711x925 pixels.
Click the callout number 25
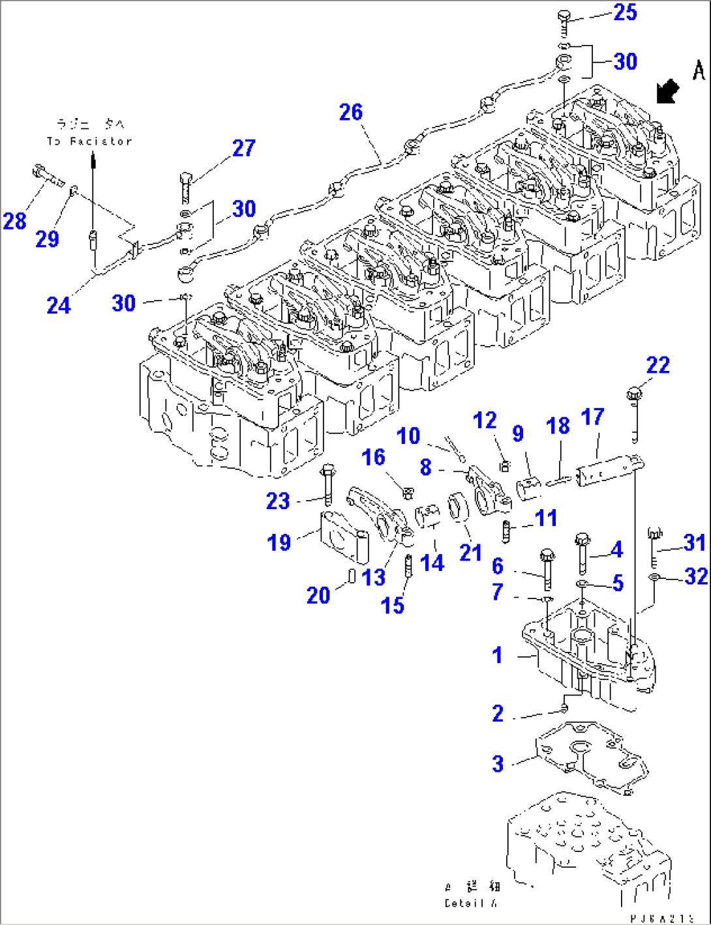(x=625, y=12)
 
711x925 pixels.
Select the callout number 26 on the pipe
(x=350, y=112)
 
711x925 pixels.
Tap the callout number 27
(x=243, y=148)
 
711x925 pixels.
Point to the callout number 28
(x=14, y=221)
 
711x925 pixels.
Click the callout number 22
(x=658, y=365)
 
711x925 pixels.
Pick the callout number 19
(x=279, y=542)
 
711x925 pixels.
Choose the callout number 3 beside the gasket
(x=498, y=763)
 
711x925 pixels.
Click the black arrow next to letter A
(x=667, y=91)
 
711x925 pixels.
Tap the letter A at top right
(x=698, y=70)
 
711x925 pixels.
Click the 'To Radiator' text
(x=89, y=141)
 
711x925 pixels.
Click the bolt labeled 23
(x=327, y=485)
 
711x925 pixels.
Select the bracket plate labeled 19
(x=342, y=536)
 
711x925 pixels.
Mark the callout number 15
(x=392, y=605)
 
